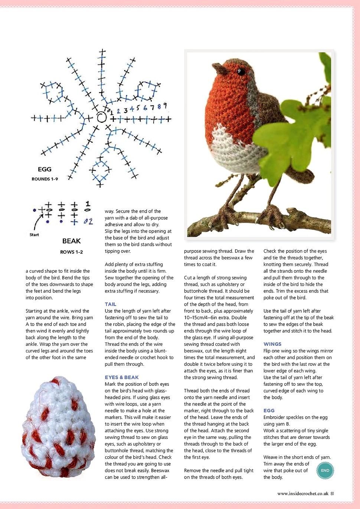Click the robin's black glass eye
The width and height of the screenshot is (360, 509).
pyautogui.click(x=241, y=71)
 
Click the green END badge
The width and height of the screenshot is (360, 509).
pyautogui.click(x=325, y=470)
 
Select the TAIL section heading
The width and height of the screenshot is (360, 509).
pyautogui.click(x=111, y=304)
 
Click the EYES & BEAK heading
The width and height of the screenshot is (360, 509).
pyautogui.click(x=122, y=377)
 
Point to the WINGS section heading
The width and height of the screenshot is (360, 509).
pyautogui.click(x=272, y=344)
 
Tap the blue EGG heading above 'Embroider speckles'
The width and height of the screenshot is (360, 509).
pyautogui.click(x=269, y=411)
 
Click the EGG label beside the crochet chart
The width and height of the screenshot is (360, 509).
pyautogui.click(x=45, y=169)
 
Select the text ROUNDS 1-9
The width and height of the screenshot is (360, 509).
pyautogui.click(x=45, y=179)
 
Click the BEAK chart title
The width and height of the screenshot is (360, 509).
pyautogui.click(x=72, y=241)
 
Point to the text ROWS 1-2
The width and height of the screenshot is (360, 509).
pyautogui.click(x=72, y=252)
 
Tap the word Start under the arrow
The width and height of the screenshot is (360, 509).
pyautogui.click(x=34, y=235)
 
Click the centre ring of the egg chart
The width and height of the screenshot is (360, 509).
pyautogui.click(x=101, y=118)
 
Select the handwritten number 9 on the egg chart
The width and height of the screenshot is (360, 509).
pyautogui.click(x=165, y=106)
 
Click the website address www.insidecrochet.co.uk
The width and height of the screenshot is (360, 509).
pyautogui.click(x=302, y=494)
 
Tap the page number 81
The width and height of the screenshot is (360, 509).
pyautogui.click(x=332, y=494)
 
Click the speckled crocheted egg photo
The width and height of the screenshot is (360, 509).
pyautogui.click(x=58, y=427)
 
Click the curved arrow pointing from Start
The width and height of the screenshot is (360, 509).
pyautogui.click(x=37, y=223)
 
